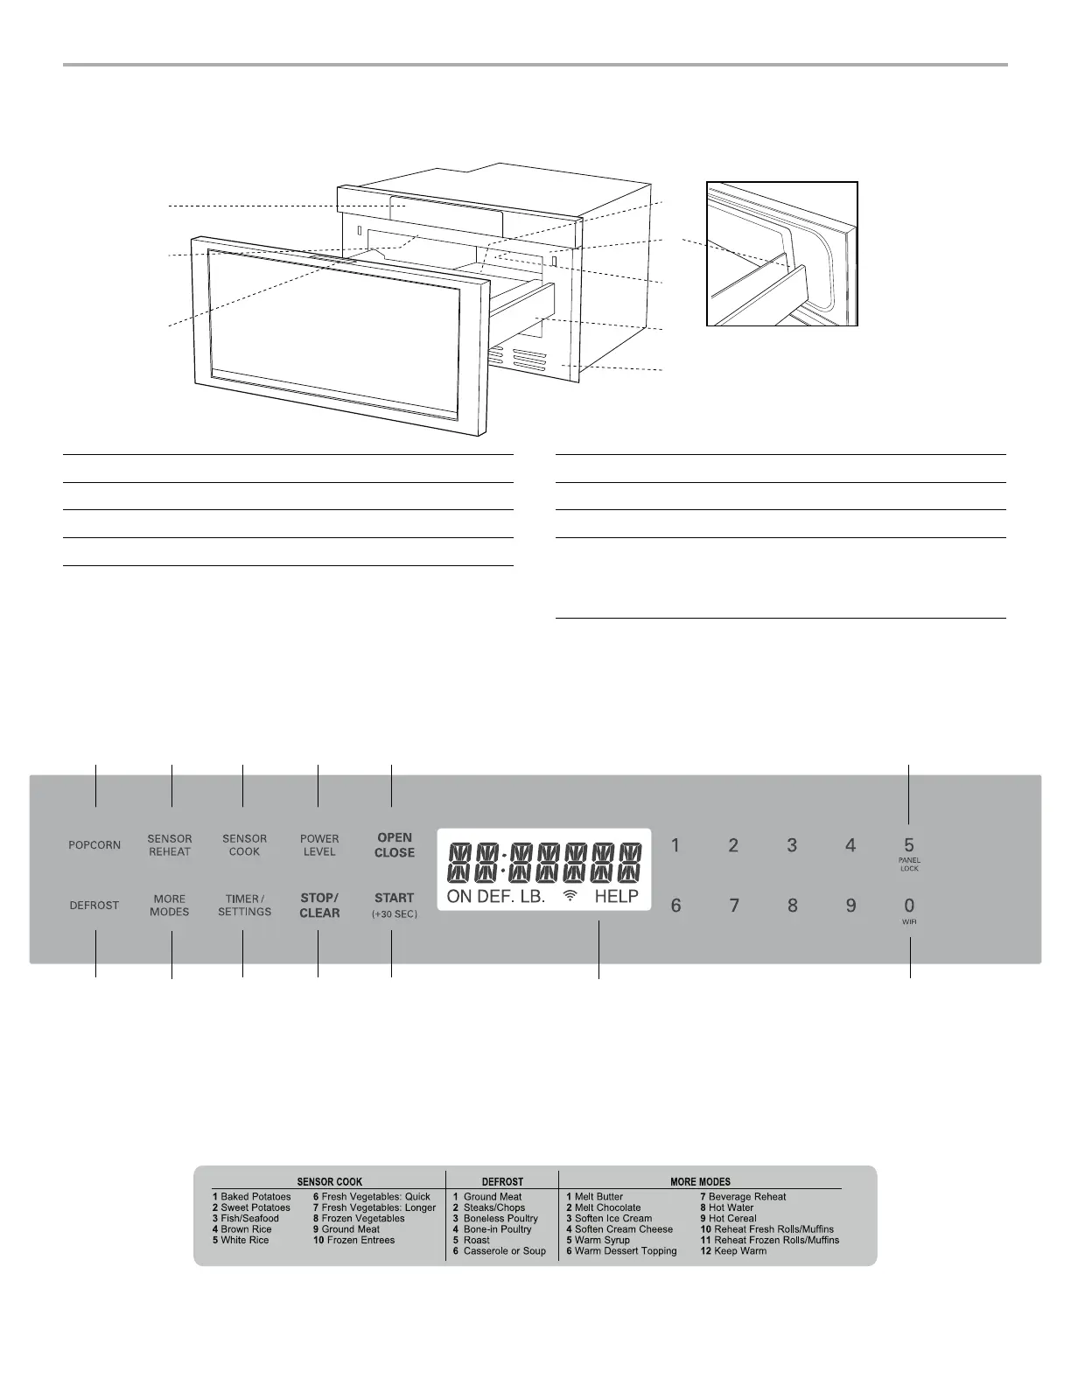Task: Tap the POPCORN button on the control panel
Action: pos(94,845)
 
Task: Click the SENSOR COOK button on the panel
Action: pos(244,845)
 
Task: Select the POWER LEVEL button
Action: pos(319,845)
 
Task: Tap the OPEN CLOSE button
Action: pos(394,845)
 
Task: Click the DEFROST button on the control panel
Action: pos(94,906)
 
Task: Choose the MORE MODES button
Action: pos(169,906)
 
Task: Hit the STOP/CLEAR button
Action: pos(319,906)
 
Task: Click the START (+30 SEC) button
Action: pos(394,905)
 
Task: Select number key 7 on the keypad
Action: pos(734,906)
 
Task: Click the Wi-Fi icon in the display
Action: pos(570,896)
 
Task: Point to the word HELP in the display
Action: pos(617,896)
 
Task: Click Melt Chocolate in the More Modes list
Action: pos(607,1207)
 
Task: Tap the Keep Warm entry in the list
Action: pos(739,1251)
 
